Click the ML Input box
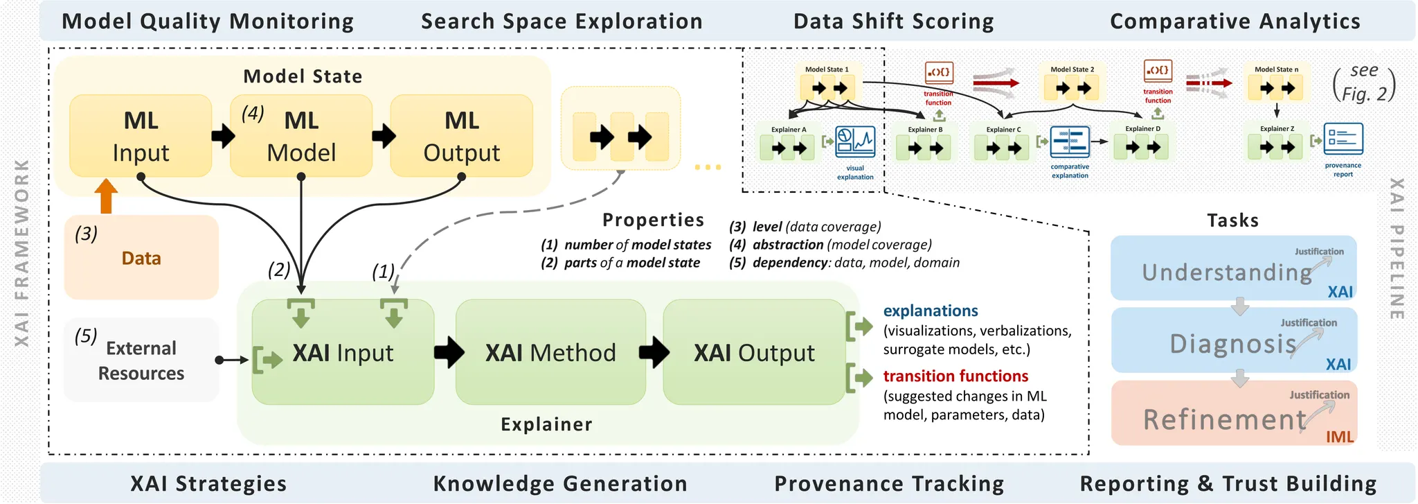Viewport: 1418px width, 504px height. (141, 136)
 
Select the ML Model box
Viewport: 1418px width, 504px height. (301, 136)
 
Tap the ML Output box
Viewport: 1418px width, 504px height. (462, 136)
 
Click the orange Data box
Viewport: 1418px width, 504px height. (141, 258)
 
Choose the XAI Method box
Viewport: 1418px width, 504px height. (550, 352)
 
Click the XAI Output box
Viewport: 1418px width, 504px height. (754, 352)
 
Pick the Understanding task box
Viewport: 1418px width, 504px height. (1233, 269)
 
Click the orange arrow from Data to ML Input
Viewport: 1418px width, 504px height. (106, 195)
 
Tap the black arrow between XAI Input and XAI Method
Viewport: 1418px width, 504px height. (449, 352)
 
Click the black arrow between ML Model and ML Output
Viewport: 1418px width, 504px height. (383, 135)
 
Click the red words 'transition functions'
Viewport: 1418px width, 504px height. (955, 376)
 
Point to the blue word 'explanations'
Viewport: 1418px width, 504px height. (931, 311)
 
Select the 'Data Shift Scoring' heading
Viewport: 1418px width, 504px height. (893, 21)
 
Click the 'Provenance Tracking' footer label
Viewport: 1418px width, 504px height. (889, 483)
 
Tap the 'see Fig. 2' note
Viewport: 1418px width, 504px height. (1363, 82)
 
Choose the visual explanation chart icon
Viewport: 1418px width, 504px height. (855, 141)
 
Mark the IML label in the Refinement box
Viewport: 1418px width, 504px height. (1339, 437)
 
